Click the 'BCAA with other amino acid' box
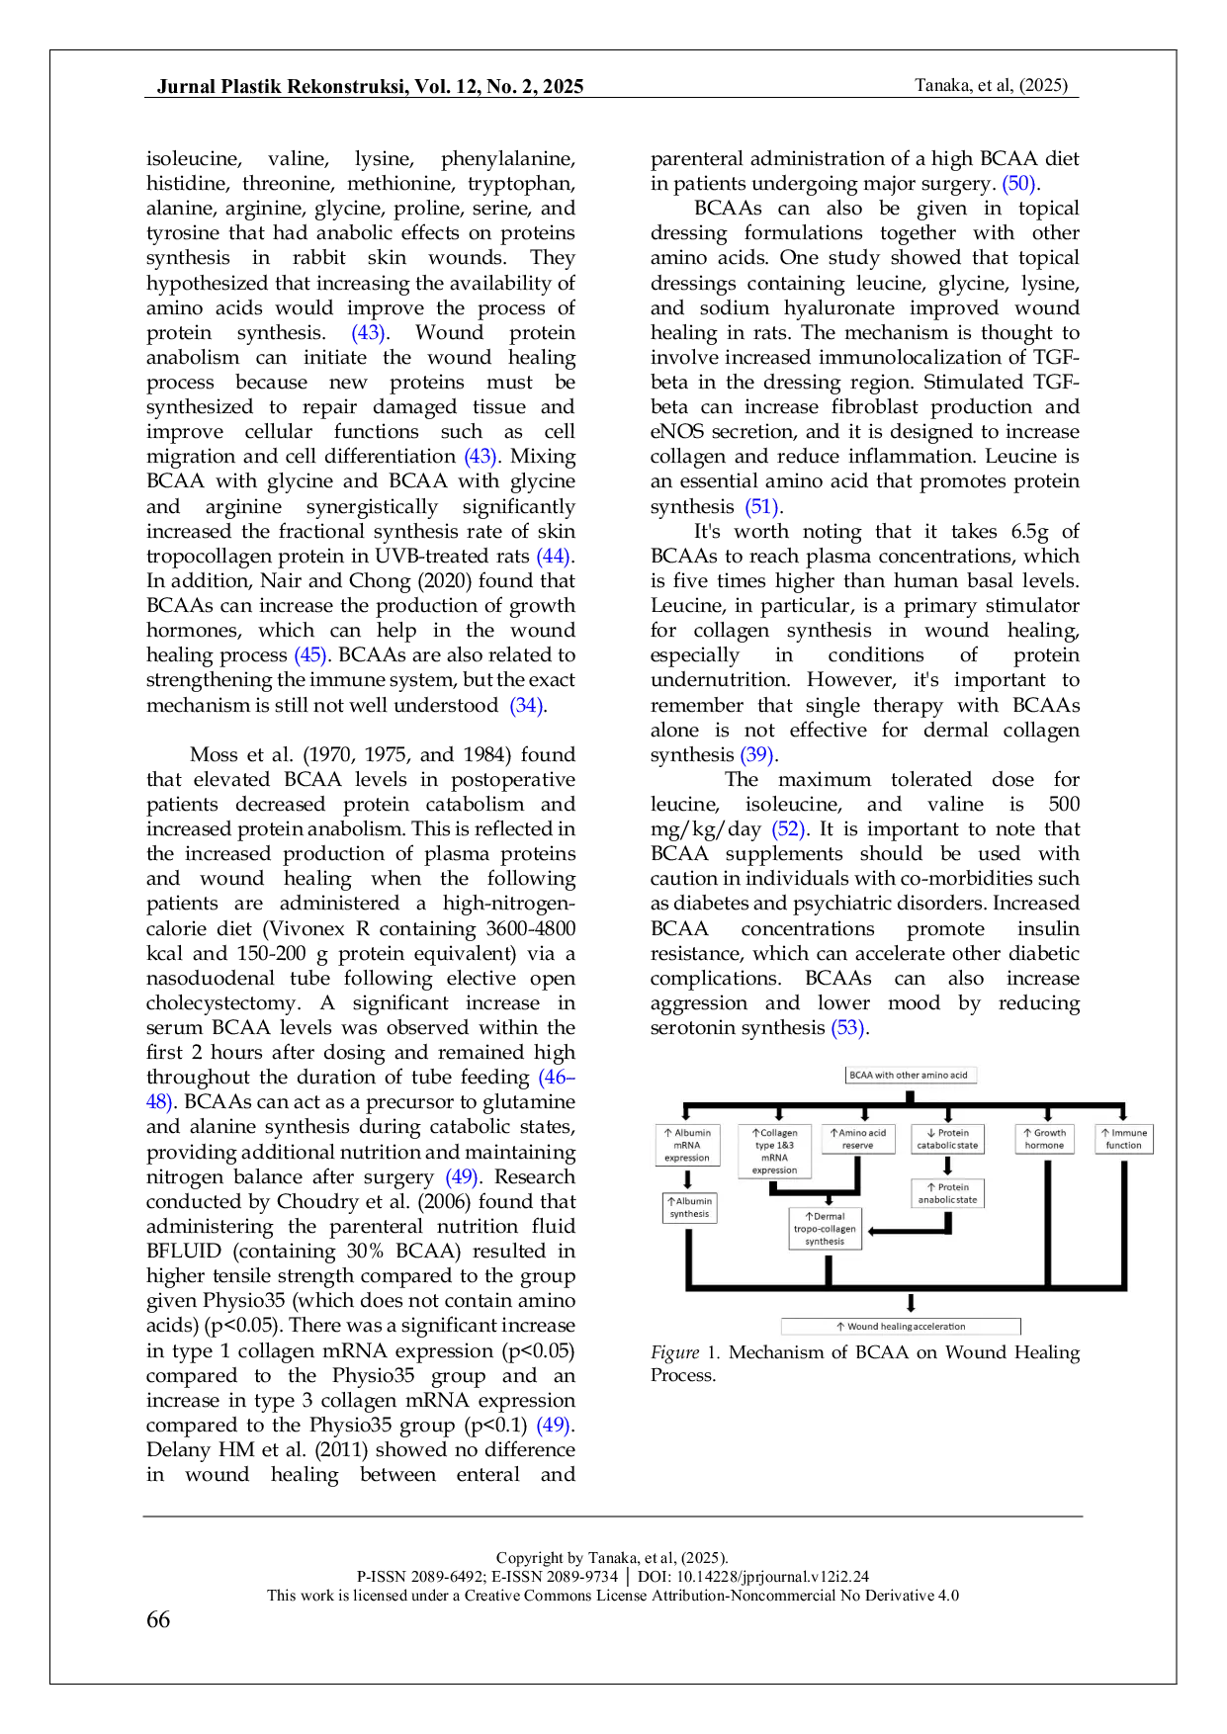tap(909, 1075)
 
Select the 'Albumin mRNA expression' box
tap(687, 1145)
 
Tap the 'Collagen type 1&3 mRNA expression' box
tap(774, 1151)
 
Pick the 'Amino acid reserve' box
tap(858, 1139)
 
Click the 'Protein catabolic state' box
tap(947, 1139)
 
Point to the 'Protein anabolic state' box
tap(947, 1193)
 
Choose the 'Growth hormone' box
tap(1044, 1139)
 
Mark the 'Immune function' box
tap(1124, 1139)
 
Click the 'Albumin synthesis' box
tap(689, 1207)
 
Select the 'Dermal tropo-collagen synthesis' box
tap(825, 1229)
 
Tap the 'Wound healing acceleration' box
tap(901, 1327)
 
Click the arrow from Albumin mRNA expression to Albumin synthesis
tap(688, 1179)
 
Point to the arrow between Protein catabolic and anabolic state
tap(948, 1167)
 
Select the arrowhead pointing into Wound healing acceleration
tap(911, 1305)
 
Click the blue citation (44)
tap(553, 558)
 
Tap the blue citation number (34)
tap(526, 707)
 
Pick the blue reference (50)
tap(1018, 185)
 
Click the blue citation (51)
tap(761, 508)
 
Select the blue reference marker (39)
tap(756, 756)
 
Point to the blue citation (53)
tap(847, 1028)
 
